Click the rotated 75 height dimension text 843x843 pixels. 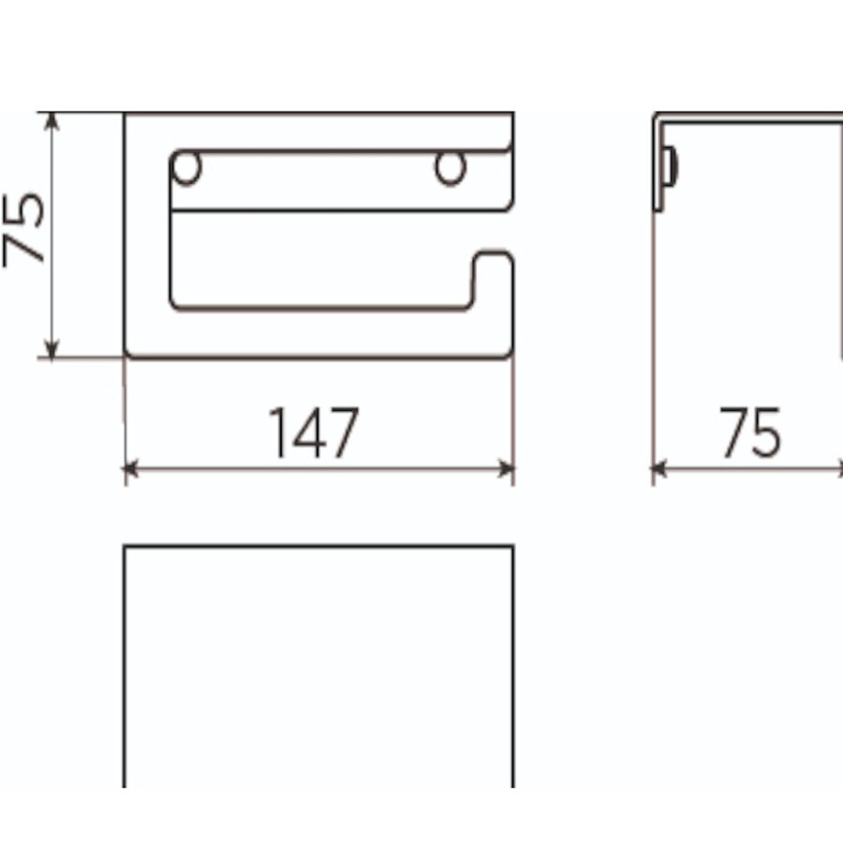[26, 230]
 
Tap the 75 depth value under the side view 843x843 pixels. [750, 433]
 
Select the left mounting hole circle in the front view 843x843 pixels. [187, 169]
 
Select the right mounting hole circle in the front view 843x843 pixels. [450, 169]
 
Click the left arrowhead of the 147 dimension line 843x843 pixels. [130, 467]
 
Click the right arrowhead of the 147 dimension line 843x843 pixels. [508, 467]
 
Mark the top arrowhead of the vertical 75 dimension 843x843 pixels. [52, 120]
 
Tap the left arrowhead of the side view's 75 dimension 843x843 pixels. [658, 467]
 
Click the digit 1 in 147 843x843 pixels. [279, 433]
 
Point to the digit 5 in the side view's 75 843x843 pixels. [766, 434]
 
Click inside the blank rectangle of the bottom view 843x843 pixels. [318, 665]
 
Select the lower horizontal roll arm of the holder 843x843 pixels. [318, 330]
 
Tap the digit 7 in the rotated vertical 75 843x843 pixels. [26, 248]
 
